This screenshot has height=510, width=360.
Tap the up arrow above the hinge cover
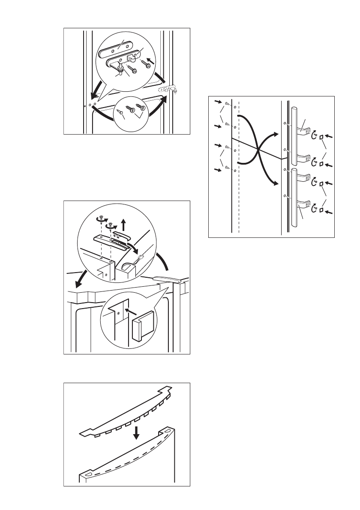point(123,222)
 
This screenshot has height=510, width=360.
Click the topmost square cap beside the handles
point(321,136)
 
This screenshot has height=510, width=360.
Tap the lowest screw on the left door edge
point(227,170)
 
